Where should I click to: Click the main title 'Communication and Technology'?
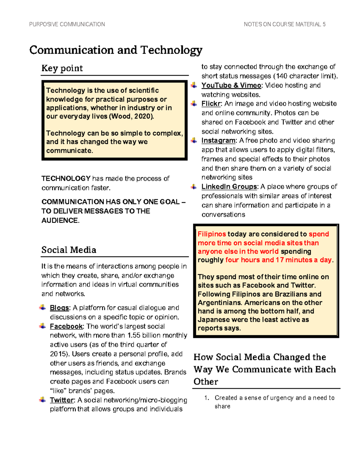(116, 50)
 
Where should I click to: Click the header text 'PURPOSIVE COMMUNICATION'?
(67, 24)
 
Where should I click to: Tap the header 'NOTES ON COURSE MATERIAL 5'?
(284, 24)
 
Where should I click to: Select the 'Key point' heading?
(62, 68)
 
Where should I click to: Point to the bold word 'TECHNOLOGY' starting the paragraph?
(66, 179)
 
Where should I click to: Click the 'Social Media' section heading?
(69, 250)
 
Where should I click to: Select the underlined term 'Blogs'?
(59, 308)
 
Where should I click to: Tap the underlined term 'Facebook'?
(66, 326)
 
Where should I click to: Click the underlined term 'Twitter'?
(62, 400)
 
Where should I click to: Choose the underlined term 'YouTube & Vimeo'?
(231, 86)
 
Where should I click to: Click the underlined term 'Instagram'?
(218, 141)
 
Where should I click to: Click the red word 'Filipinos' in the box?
(212, 234)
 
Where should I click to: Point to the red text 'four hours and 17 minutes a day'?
(278, 260)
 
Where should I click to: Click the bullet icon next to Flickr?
(194, 104)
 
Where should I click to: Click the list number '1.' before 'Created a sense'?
(206, 398)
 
